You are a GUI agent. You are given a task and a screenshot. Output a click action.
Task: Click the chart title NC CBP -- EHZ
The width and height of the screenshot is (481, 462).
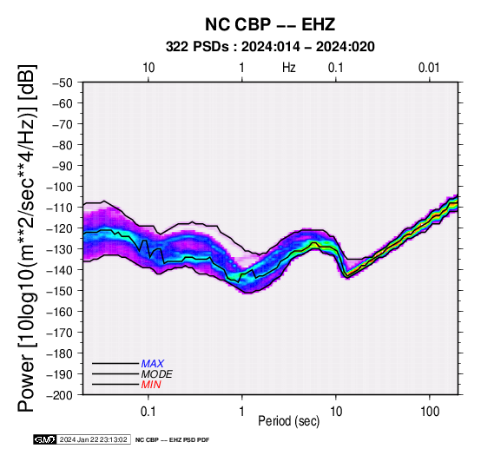tap(270, 24)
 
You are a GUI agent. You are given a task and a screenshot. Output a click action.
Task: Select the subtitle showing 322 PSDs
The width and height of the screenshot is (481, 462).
tap(270, 47)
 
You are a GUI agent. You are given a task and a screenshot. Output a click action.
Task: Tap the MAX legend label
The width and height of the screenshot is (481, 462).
tap(153, 364)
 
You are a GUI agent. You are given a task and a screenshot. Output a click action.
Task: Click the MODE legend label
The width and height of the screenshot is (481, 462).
tap(157, 374)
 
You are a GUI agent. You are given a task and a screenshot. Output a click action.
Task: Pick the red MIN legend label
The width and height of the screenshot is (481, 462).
tap(151, 385)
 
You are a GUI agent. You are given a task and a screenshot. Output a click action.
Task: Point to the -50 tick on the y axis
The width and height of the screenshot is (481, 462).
tap(63, 82)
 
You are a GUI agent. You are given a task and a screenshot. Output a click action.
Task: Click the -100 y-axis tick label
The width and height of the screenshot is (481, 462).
tap(60, 187)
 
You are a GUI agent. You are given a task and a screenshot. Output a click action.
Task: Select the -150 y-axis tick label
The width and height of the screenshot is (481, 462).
tap(60, 291)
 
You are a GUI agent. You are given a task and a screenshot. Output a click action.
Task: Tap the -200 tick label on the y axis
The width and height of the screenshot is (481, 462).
tap(60, 395)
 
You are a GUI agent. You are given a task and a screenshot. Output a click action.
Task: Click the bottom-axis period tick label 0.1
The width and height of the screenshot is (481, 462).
tap(148, 412)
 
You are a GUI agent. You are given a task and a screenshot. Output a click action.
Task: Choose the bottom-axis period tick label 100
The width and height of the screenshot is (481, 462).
tap(430, 412)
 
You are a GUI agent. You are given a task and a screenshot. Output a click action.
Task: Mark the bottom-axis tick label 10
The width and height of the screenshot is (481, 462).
tap(336, 412)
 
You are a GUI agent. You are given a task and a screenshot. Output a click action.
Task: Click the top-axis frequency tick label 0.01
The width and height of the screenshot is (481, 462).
tap(429, 68)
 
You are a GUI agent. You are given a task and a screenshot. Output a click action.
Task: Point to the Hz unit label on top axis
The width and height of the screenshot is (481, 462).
tap(289, 68)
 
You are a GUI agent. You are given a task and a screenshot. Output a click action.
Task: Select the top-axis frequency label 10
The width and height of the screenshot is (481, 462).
tap(148, 68)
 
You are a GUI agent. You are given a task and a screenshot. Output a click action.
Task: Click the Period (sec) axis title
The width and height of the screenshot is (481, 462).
tap(288, 421)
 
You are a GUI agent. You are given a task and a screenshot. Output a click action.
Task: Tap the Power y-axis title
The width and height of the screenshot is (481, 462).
tap(27, 238)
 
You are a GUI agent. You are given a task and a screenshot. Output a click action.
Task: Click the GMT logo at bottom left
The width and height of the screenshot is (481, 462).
tap(45, 439)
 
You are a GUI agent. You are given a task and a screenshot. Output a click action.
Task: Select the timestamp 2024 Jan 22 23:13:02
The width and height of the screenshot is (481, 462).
tap(93, 439)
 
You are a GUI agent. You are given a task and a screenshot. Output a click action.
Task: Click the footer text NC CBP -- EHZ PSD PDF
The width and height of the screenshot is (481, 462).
tap(173, 440)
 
